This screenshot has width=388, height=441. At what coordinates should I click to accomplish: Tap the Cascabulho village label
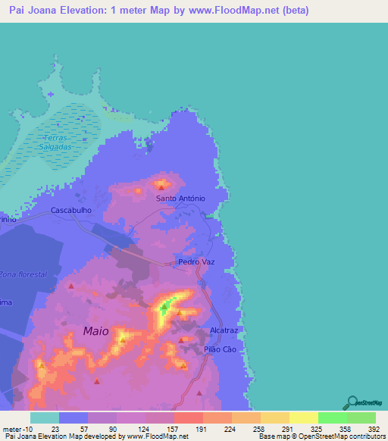point(71,210)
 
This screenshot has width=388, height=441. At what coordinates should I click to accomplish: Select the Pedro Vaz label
point(197,262)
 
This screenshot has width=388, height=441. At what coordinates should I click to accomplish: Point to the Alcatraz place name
point(224,331)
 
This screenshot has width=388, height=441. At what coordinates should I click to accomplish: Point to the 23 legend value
point(54,428)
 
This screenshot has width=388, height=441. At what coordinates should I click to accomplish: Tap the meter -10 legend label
point(14,428)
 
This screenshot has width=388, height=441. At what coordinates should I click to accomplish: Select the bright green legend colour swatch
point(332,418)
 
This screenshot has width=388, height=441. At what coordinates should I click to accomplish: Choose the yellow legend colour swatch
point(303,418)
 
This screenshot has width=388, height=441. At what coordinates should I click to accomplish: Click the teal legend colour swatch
point(45,418)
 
